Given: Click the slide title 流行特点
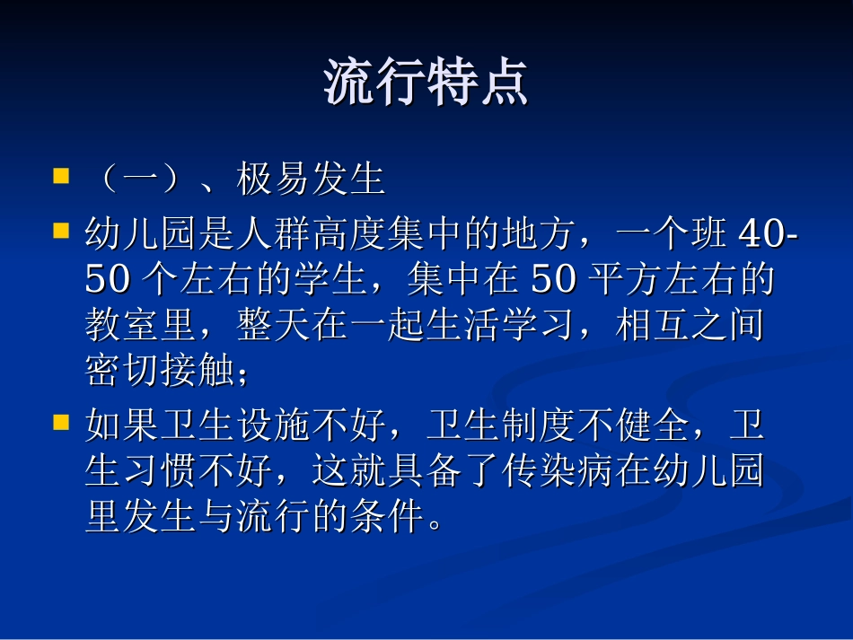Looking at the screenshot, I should coord(426,83).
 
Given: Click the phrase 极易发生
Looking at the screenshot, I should coord(311,180).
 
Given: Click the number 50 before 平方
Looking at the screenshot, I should coord(553,281).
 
